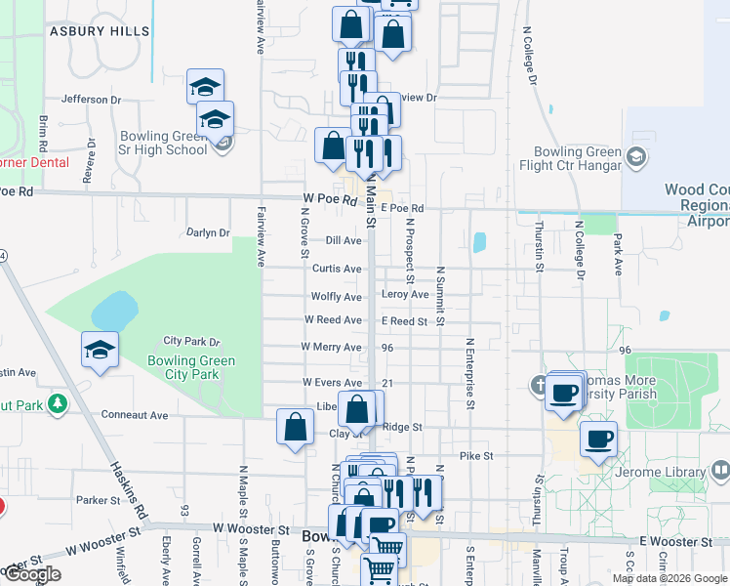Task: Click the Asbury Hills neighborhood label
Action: click(x=101, y=31)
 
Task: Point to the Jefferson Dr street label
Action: click(x=91, y=100)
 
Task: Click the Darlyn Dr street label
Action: click(x=206, y=233)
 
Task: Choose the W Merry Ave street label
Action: click(x=331, y=347)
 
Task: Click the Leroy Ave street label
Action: click(x=405, y=295)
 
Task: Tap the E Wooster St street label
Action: click(x=670, y=541)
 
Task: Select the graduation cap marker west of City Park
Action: click(x=100, y=351)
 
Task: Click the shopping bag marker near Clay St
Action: click(x=295, y=428)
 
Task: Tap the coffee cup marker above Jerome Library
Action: click(x=598, y=439)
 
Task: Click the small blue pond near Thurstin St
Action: click(x=479, y=242)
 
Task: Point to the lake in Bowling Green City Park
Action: click(x=113, y=311)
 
